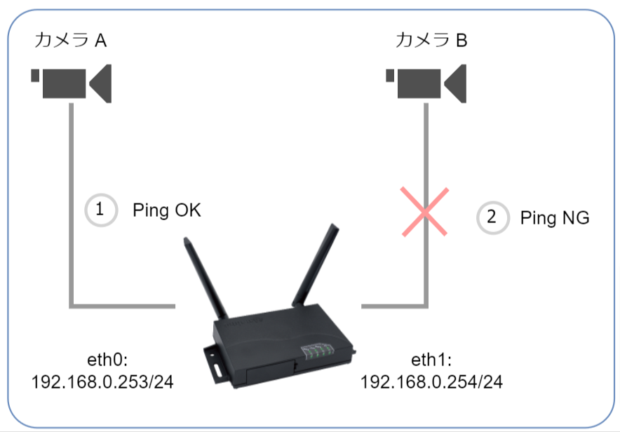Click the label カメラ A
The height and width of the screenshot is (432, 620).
(x=70, y=40)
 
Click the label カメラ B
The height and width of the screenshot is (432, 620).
(x=431, y=40)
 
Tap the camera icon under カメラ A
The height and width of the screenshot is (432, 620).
(x=71, y=83)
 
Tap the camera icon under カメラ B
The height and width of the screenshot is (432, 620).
(x=426, y=83)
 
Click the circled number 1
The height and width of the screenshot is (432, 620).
(x=101, y=210)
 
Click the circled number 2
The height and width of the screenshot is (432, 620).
(x=492, y=217)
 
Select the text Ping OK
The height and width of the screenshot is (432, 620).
(x=167, y=210)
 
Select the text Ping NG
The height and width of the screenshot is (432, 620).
(x=555, y=218)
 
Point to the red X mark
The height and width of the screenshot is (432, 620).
(x=424, y=212)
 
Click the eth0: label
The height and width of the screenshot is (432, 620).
(x=107, y=360)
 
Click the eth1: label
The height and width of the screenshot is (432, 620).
(x=431, y=360)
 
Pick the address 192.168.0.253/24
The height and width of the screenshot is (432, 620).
(x=102, y=382)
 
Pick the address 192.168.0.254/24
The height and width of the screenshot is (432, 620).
(x=431, y=382)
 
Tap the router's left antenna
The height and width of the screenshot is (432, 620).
(x=205, y=278)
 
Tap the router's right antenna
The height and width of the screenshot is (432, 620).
(x=316, y=265)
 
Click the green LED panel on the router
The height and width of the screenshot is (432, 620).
(x=318, y=351)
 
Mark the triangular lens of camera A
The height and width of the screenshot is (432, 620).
(x=101, y=83)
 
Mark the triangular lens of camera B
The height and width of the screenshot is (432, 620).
(x=455, y=83)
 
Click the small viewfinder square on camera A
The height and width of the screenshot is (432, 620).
(x=35, y=76)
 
